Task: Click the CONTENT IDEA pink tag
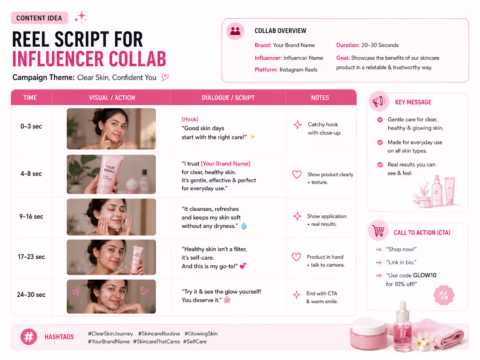click(x=39, y=18)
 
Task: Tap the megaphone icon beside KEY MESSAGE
click(x=379, y=101)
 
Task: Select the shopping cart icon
click(x=378, y=230)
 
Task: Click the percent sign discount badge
click(x=444, y=295)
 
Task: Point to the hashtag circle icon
click(x=29, y=337)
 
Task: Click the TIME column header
click(x=30, y=98)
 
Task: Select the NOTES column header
click(x=320, y=98)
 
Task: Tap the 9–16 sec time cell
click(x=31, y=216)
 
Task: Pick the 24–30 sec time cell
click(x=31, y=295)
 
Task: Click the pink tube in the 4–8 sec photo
click(x=109, y=174)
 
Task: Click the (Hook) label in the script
click(x=190, y=119)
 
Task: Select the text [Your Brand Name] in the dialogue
click(x=226, y=164)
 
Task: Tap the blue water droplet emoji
click(x=243, y=226)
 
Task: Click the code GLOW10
click(x=425, y=275)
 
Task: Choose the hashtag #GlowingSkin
click(x=201, y=333)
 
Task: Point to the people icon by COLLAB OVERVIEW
click(x=235, y=31)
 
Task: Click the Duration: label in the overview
click(x=348, y=45)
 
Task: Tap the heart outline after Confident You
click(x=165, y=77)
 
